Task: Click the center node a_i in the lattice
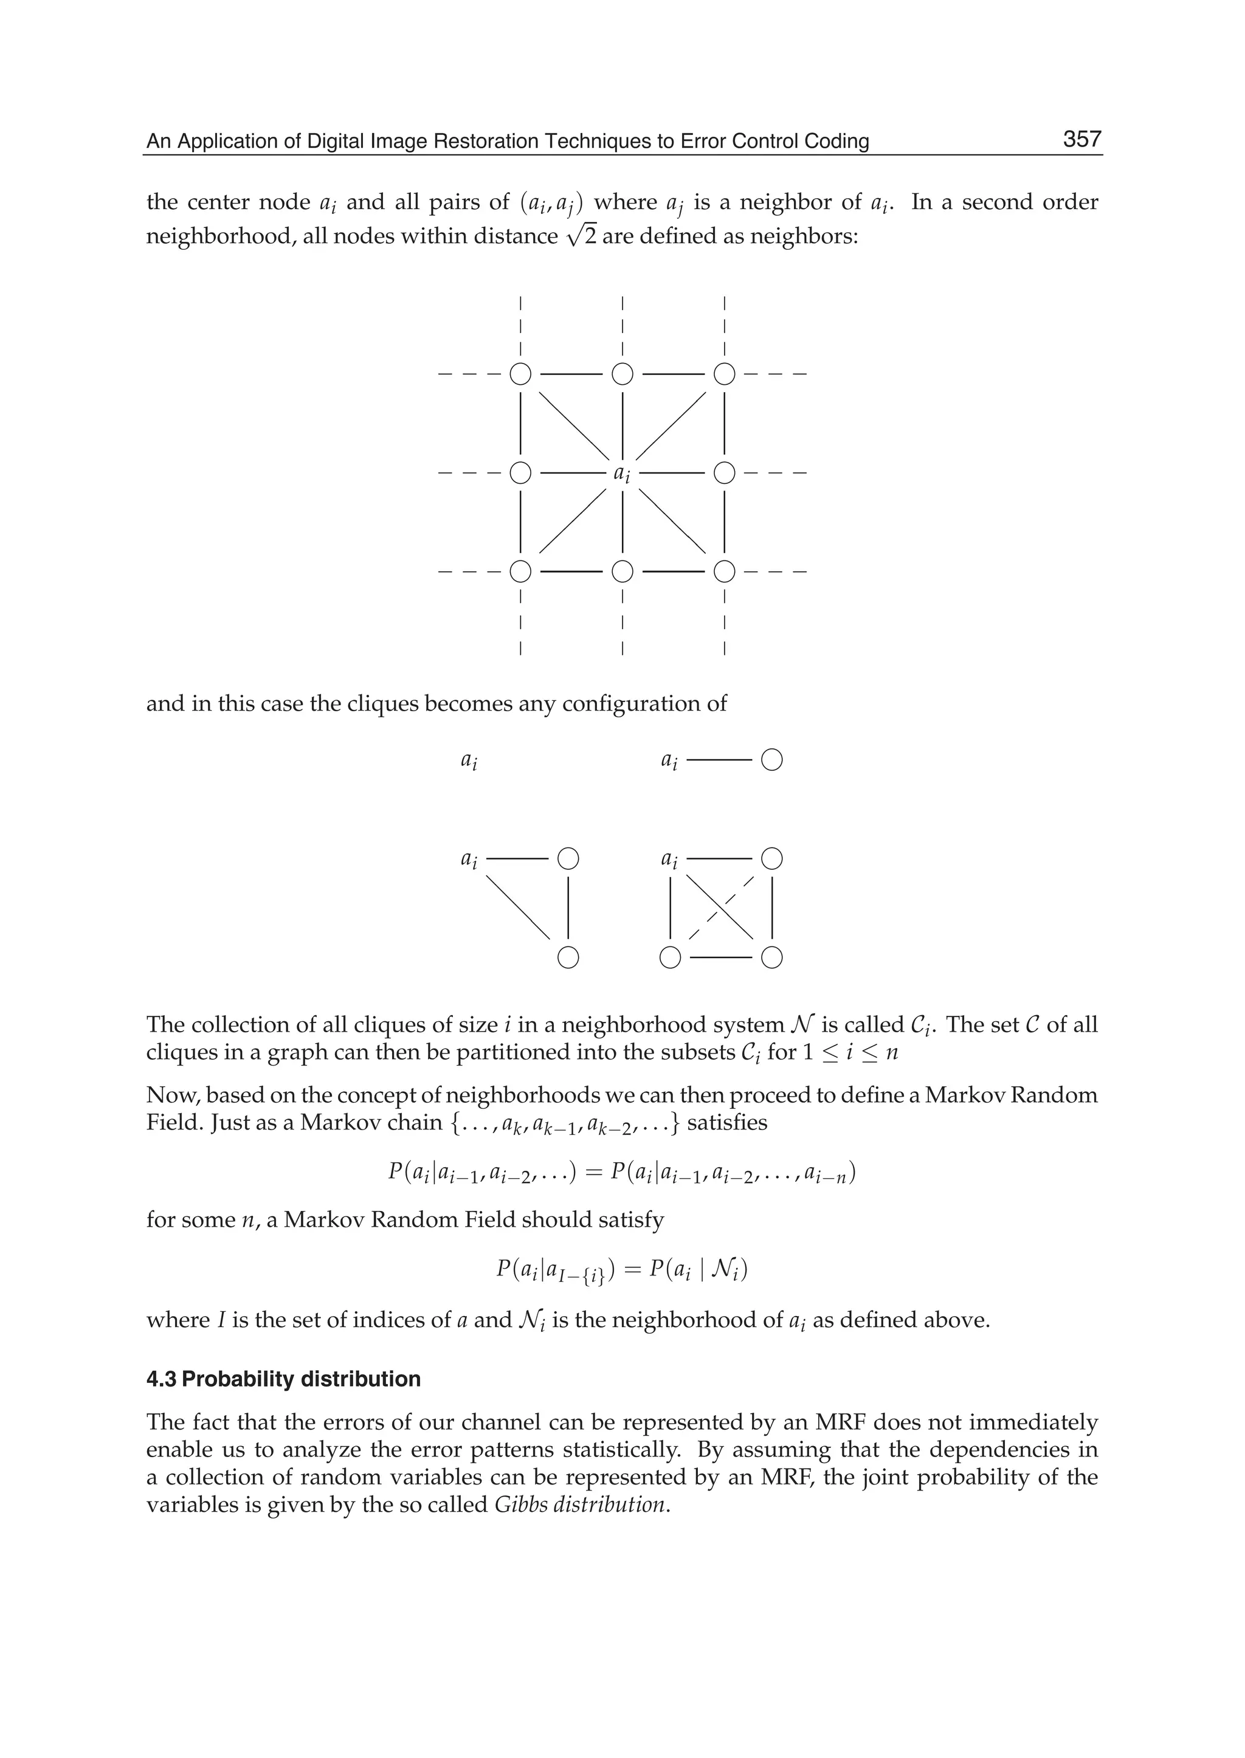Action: [x=622, y=473]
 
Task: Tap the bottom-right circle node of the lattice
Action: [x=725, y=571]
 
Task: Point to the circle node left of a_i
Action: [x=520, y=472]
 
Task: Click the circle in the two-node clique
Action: [x=772, y=760]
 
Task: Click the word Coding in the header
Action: [x=843, y=141]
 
